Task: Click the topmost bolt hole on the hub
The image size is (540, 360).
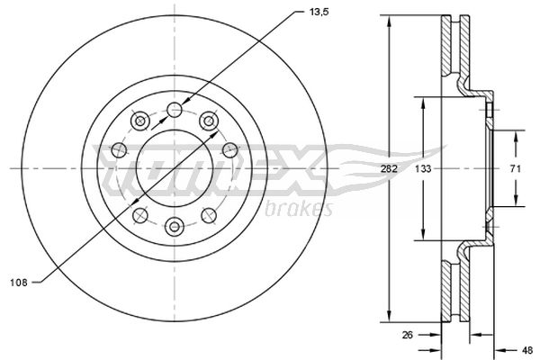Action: [175, 111]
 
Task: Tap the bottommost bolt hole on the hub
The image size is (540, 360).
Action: [175, 226]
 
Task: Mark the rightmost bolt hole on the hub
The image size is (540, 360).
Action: [231, 151]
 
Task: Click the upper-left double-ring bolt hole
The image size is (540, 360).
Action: [139, 121]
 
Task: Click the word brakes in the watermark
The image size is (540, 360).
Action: [299, 210]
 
